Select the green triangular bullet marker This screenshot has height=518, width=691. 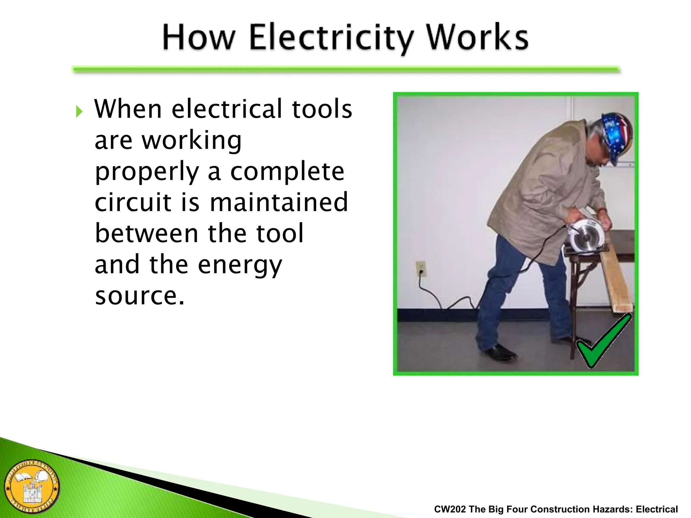click(79, 111)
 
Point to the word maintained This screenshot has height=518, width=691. click(279, 202)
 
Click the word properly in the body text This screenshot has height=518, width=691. click(147, 172)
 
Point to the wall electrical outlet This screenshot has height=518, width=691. click(420, 269)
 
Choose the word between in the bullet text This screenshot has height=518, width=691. click(146, 233)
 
